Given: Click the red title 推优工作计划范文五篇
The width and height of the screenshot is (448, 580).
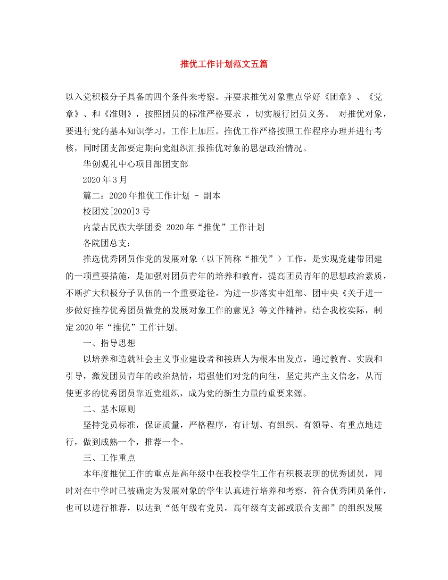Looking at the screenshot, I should click(x=224, y=64).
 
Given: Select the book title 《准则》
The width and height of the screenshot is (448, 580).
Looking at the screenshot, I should click(x=117, y=114).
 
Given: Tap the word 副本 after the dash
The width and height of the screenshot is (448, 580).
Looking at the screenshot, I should click(x=212, y=196).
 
